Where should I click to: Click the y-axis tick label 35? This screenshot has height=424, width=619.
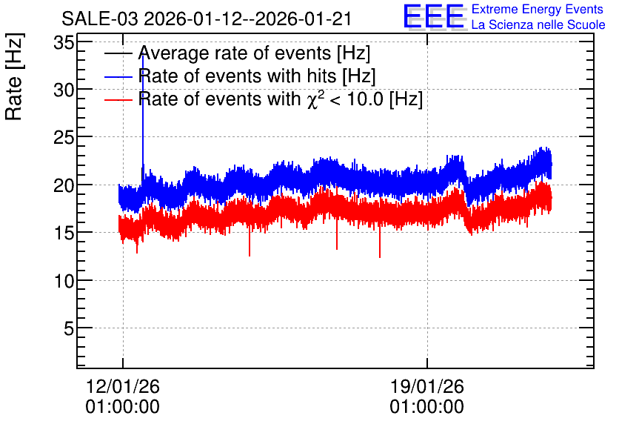tap(64, 43)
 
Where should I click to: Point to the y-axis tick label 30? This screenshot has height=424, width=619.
tap(64, 90)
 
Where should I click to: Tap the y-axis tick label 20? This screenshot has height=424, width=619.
tap(64, 185)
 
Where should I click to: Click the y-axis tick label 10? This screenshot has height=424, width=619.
tap(64, 281)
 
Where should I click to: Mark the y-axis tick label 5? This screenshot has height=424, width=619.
tap(69, 328)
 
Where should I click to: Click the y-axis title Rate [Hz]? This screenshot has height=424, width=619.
tap(14, 76)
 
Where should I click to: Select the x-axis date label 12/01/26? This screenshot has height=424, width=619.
tap(123, 386)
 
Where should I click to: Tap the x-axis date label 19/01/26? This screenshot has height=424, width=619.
tap(427, 386)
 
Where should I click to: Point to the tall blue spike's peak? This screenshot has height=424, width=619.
tap(142, 55)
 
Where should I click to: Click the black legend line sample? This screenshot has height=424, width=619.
tap(118, 53)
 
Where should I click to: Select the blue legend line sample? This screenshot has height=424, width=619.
tap(118, 76)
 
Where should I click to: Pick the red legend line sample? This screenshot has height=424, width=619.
tap(118, 99)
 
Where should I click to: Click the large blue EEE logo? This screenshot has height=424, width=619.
tap(434, 17)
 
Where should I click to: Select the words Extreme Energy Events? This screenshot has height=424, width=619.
tap(538, 9)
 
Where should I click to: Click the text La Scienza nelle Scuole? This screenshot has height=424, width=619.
tap(538, 25)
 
